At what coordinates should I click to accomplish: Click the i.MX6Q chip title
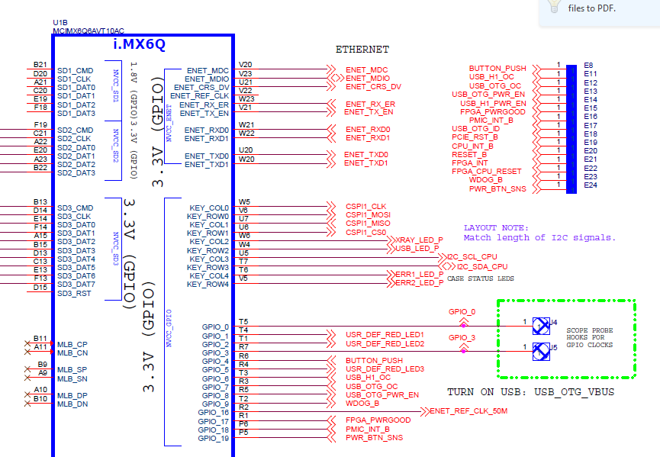pos(140,44)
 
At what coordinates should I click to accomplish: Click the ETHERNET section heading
pos(362,50)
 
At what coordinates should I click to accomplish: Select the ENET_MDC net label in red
pos(366,70)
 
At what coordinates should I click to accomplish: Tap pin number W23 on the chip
pos(246,98)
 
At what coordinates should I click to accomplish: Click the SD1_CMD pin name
pos(76,70)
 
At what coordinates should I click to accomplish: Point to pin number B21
pos(40,65)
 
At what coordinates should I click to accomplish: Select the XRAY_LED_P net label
pos(419,240)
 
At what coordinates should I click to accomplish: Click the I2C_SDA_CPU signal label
pos(481,266)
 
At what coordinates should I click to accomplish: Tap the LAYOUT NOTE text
pos(494,228)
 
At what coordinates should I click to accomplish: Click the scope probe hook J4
pos(542,325)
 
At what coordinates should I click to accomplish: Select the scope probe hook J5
pos(542,351)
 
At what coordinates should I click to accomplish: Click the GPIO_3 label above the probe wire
pos(462,337)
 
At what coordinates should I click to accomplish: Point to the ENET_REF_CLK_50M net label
pos(468,411)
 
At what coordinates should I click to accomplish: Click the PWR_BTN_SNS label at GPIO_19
pos(374,438)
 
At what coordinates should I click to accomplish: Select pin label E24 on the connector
pos(590,185)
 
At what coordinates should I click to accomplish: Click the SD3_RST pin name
pos(75,293)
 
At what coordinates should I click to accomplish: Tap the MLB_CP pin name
pos(72,344)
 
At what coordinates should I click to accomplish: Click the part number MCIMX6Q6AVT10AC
pos(89,31)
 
